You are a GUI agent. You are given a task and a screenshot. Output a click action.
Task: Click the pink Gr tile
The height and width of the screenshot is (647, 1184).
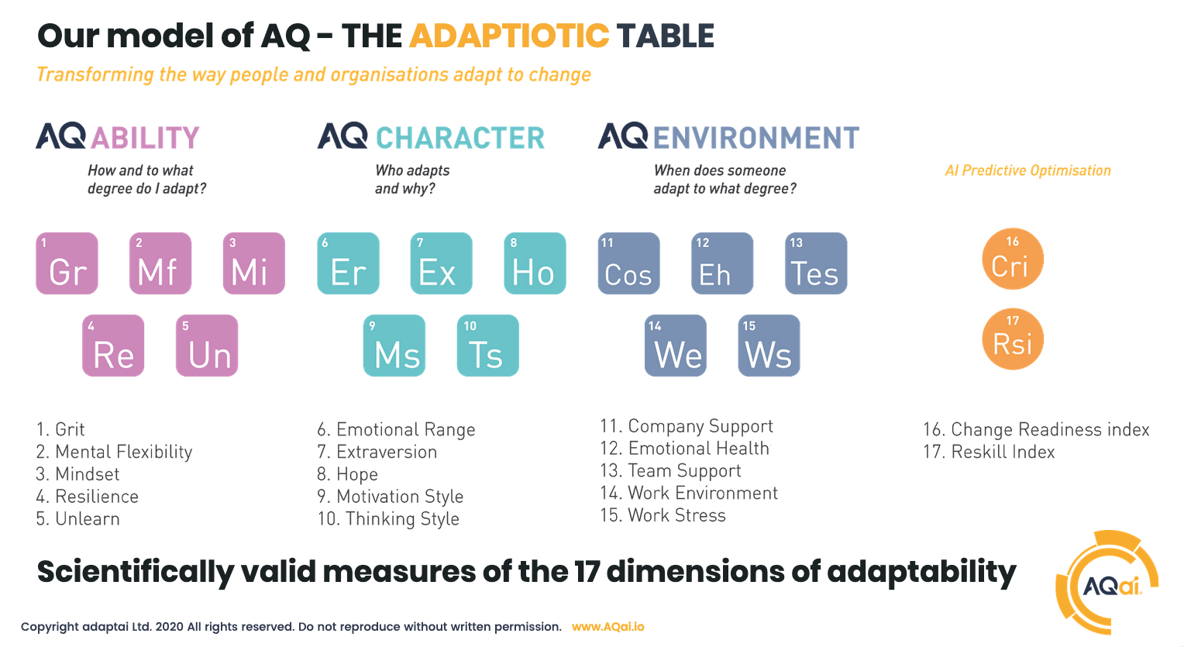[67, 263]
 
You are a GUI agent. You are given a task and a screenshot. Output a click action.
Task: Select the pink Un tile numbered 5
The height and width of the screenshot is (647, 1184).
[207, 346]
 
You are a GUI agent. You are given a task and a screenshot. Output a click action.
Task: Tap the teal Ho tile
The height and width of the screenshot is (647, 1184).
[535, 263]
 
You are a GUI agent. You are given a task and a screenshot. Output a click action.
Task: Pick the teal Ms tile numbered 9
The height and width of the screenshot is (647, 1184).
[394, 346]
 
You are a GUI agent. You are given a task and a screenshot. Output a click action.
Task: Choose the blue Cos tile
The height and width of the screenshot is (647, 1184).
[629, 263]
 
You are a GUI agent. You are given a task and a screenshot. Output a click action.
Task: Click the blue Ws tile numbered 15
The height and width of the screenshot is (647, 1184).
[769, 346]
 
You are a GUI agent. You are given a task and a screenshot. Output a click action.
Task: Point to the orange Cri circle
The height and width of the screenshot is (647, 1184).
[1013, 259]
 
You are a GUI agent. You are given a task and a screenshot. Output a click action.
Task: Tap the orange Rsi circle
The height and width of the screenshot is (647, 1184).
[1013, 339]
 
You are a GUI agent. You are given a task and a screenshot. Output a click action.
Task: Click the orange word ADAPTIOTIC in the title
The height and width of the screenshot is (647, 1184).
[509, 36]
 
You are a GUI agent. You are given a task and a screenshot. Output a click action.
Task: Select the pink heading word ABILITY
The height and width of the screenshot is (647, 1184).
[146, 138]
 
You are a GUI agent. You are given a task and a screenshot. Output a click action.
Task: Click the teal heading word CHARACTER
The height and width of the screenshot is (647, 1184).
[459, 138]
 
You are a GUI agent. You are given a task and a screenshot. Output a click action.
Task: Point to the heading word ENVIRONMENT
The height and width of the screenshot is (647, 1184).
[756, 138]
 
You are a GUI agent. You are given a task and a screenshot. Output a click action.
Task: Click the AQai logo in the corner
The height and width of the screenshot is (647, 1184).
[1107, 583]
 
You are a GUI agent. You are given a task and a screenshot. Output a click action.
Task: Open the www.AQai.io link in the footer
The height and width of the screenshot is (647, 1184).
[607, 627]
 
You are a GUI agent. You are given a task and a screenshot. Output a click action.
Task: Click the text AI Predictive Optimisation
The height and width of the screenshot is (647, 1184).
[1028, 170]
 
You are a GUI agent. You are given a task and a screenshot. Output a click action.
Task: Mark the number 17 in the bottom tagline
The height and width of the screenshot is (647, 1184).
[587, 571]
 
